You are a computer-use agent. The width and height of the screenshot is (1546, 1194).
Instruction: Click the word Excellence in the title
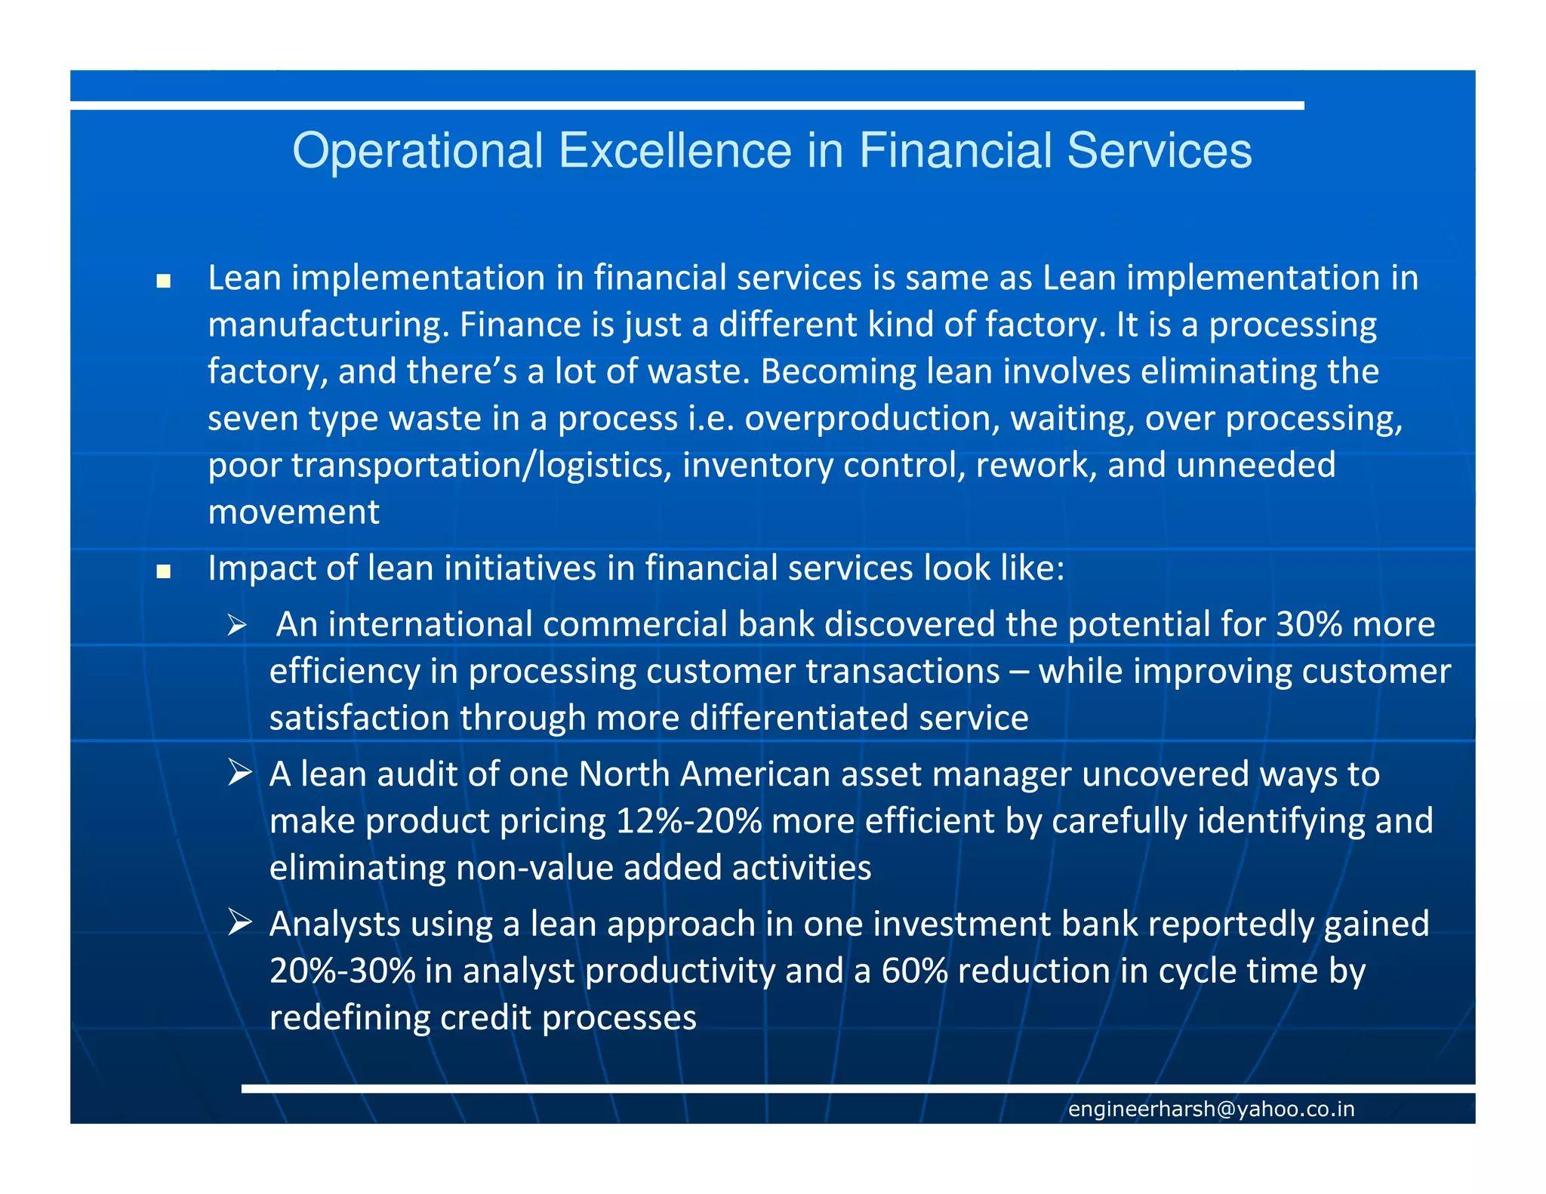click(x=675, y=151)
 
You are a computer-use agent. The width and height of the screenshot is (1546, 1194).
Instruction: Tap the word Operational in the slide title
click(x=417, y=151)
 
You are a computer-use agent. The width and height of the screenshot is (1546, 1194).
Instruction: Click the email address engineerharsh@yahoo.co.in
click(x=1211, y=1109)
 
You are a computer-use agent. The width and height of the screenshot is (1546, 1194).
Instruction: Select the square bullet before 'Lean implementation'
click(x=163, y=282)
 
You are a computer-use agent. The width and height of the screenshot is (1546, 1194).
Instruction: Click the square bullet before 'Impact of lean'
click(x=163, y=571)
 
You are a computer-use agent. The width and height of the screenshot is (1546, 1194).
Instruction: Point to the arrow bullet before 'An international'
click(x=237, y=626)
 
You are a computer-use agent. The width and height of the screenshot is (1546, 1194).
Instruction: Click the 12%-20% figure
click(x=689, y=821)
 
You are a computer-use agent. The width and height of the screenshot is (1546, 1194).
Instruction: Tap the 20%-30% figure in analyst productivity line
click(x=342, y=971)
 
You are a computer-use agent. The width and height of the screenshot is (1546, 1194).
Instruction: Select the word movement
click(x=294, y=512)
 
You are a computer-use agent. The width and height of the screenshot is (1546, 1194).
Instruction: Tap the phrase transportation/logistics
click(x=481, y=466)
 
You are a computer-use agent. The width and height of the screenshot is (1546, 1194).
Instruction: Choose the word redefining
click(x=350, y=1018)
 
